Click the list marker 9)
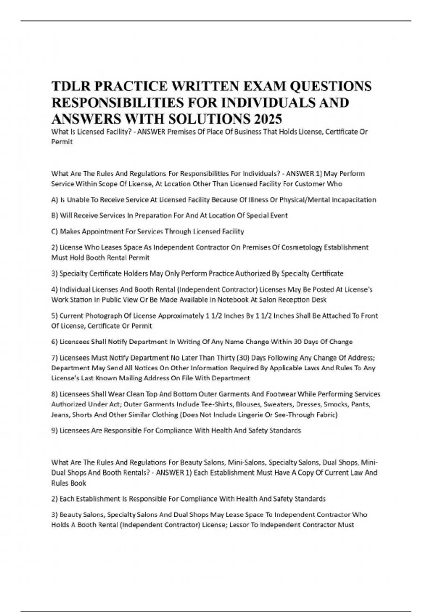point(55,431)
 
